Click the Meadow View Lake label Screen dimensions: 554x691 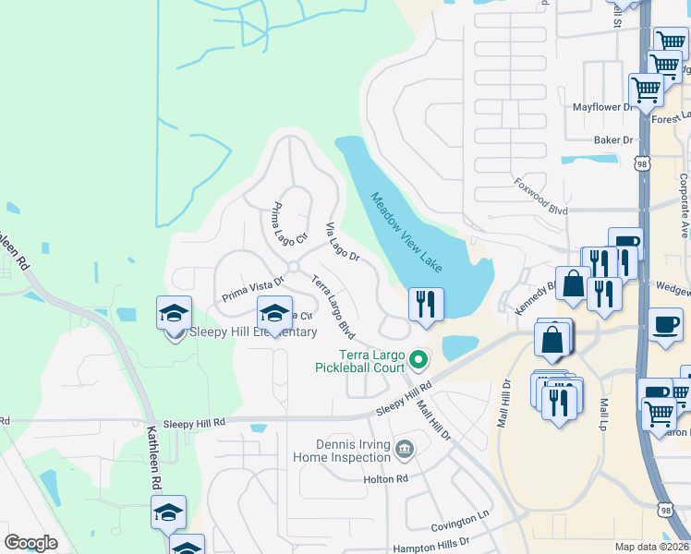[406, 231]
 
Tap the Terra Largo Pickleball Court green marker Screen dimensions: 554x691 [419, 359]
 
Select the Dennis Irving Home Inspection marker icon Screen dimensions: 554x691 [404, 450]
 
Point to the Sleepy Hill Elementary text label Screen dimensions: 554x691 [253, 332]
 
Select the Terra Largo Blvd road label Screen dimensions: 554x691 [333, 304]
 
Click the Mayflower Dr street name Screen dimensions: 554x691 [605, 107]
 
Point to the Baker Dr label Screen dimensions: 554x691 [613, 140]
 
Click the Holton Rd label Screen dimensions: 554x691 [386, 479]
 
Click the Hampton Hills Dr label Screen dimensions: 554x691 [432, 543]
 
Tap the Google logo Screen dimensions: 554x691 [30, 543]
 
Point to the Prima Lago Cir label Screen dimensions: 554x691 [289, 224]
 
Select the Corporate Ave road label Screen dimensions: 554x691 [684, 205]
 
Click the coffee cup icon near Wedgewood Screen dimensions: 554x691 [665, 325]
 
